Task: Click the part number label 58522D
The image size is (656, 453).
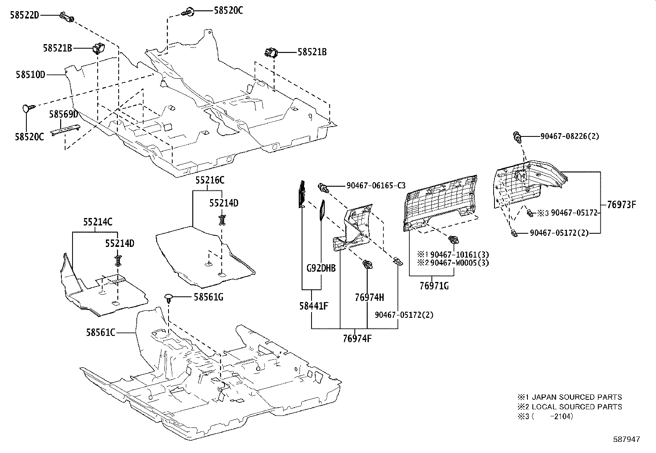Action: pyautogui.click(x=24, y=15)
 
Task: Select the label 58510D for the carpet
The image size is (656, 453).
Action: pyautogui.click(x=30, y=75)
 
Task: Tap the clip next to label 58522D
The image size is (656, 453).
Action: pyautogui.click(x=68, y=17)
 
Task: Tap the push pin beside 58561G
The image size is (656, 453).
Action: pyautogui.click(x=169, y=298)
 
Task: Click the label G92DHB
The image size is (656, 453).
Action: pyautogui.click(x=321, y=268)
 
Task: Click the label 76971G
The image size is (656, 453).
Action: pyautogui.click(x=434, y=285)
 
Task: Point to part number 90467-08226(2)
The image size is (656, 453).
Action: pyautogui.click(x=569, y=136)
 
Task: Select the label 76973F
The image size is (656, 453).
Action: pyautogui.click(x=622, y=204)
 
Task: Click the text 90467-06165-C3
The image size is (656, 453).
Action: pyautogui.click(x=375, y=186)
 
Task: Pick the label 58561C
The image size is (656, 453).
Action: pyautogui.click(x=101, y=332)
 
